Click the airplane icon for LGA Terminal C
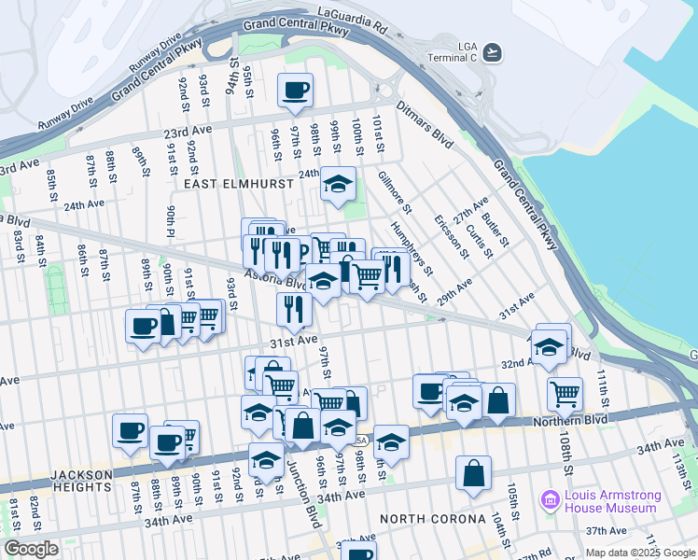[491, 51]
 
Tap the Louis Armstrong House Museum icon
[549, 501]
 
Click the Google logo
[31, 548]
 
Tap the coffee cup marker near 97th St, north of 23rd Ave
[296, 91]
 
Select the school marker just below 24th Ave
[338, 183]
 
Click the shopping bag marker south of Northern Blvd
[474, 472]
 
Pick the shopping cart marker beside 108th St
[565, 393]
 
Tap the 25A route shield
[362, 440]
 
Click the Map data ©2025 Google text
[639, 553]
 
